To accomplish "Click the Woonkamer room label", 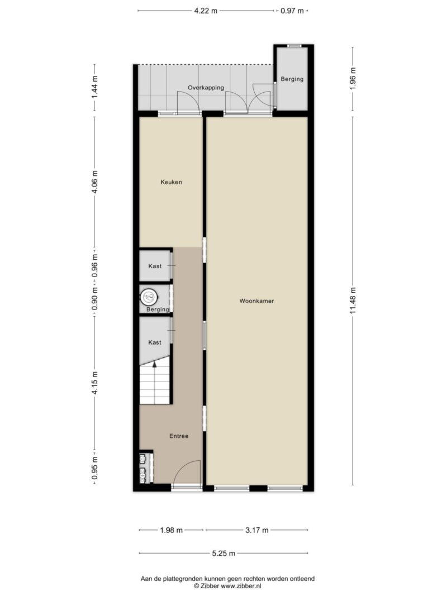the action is click(256, 301).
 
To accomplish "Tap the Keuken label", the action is click(171, 182).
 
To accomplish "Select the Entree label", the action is click(179, 436).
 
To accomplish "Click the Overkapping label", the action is click(206, 88).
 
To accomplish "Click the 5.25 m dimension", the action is click(223, 554).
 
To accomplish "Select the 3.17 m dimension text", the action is click(257, 530).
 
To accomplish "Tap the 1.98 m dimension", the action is click(172, 530).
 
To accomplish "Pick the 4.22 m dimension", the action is click(206, 11).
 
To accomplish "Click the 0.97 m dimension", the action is click(292, 11).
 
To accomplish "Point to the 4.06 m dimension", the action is click(94, 182).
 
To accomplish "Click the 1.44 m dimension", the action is click(94, 88).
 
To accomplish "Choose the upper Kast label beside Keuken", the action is click(155, 266).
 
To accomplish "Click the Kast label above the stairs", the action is click(155, 342).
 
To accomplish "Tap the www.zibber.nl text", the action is click(241, 586).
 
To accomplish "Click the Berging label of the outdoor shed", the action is click(292, 79).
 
